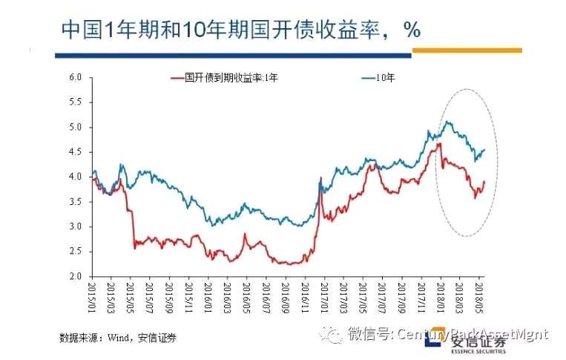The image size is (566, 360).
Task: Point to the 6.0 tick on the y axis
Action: click(74, 76)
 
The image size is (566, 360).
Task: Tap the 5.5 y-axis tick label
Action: click(74, 102)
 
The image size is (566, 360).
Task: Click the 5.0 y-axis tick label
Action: click(74, 127)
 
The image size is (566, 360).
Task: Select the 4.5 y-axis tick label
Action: click(74, 152)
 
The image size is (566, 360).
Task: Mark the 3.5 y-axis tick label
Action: click(74, 202)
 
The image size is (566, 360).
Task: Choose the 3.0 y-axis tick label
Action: click(74, 227)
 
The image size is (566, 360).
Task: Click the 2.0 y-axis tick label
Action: click(74, 277)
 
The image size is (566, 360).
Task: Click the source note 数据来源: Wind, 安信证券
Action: click(118, 338)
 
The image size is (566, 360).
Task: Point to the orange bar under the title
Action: click(467, 50)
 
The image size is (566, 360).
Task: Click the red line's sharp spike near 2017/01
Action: click(320, 178)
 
